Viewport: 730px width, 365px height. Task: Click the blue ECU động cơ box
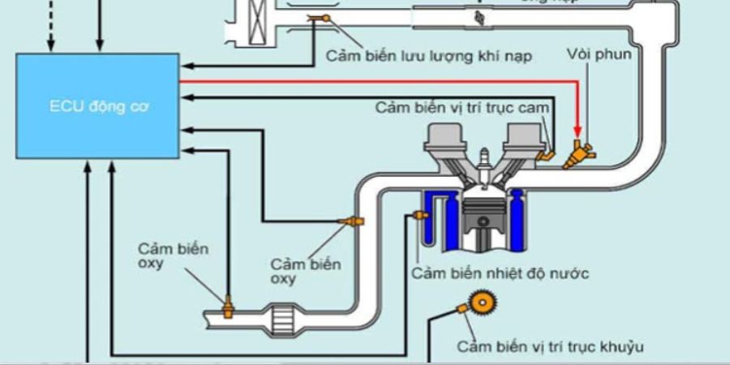[x=98, y=105]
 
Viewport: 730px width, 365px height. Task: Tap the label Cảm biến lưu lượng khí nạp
[x=430, y=56]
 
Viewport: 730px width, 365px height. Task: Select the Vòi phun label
[x=599, y=56]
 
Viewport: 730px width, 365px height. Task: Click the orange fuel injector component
[x=582, y=152]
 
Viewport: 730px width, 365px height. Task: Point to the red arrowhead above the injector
[x=578, y=130]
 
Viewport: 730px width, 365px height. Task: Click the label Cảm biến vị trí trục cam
[x=463, y=107]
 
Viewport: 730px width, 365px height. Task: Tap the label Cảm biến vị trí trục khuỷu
[x=550, y=346]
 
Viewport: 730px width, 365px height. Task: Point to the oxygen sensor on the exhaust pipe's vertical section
[x=355, y=221]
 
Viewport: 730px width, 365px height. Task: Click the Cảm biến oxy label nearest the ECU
[x=161, y=255]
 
